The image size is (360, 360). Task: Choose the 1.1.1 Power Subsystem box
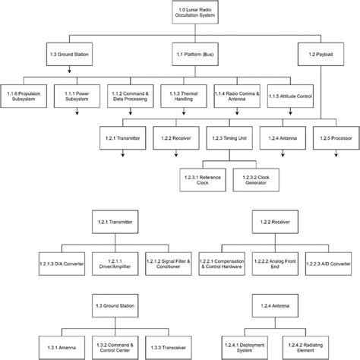[x=77, y=95]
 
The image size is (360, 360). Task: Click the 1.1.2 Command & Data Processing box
[x=129, y=95]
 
